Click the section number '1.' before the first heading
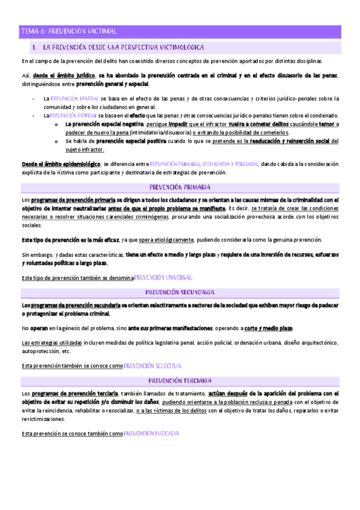[x=35, y=47]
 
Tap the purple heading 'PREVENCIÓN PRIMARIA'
[x=180, y=187]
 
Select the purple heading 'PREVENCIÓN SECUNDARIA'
[x=180, y=292]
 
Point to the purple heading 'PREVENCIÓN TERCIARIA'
[x=180, y=381]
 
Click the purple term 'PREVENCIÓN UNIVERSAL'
[x=163, y=278]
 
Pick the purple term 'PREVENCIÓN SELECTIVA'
[x=153, y=366]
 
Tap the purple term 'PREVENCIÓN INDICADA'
[x=151, y=434]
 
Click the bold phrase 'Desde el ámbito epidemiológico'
[x=61, y=164]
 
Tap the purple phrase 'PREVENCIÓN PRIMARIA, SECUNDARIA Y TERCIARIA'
[x=204, y=164]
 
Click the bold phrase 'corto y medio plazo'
[x=269, y=328]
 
